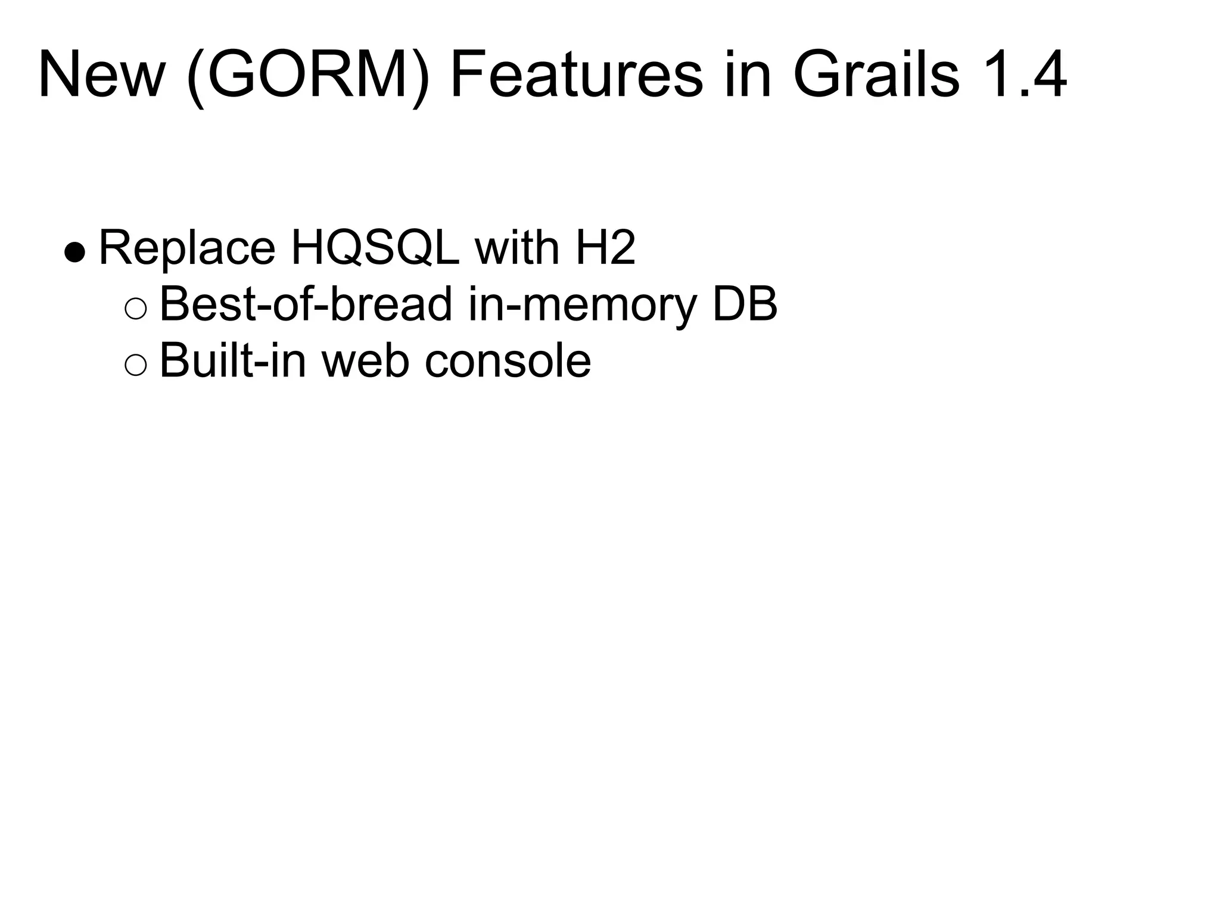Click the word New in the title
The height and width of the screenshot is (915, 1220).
[101, 75]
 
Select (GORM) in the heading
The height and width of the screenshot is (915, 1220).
[307, 76]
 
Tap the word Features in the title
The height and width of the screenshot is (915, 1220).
[577, 76]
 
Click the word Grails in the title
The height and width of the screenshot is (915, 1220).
[876, 76]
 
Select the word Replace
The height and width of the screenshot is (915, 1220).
[187, 248]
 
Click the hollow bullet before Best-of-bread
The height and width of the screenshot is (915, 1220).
[136, 309]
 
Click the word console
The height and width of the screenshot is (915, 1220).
[508, 361]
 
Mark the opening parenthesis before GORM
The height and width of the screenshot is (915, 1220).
[197, 77]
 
